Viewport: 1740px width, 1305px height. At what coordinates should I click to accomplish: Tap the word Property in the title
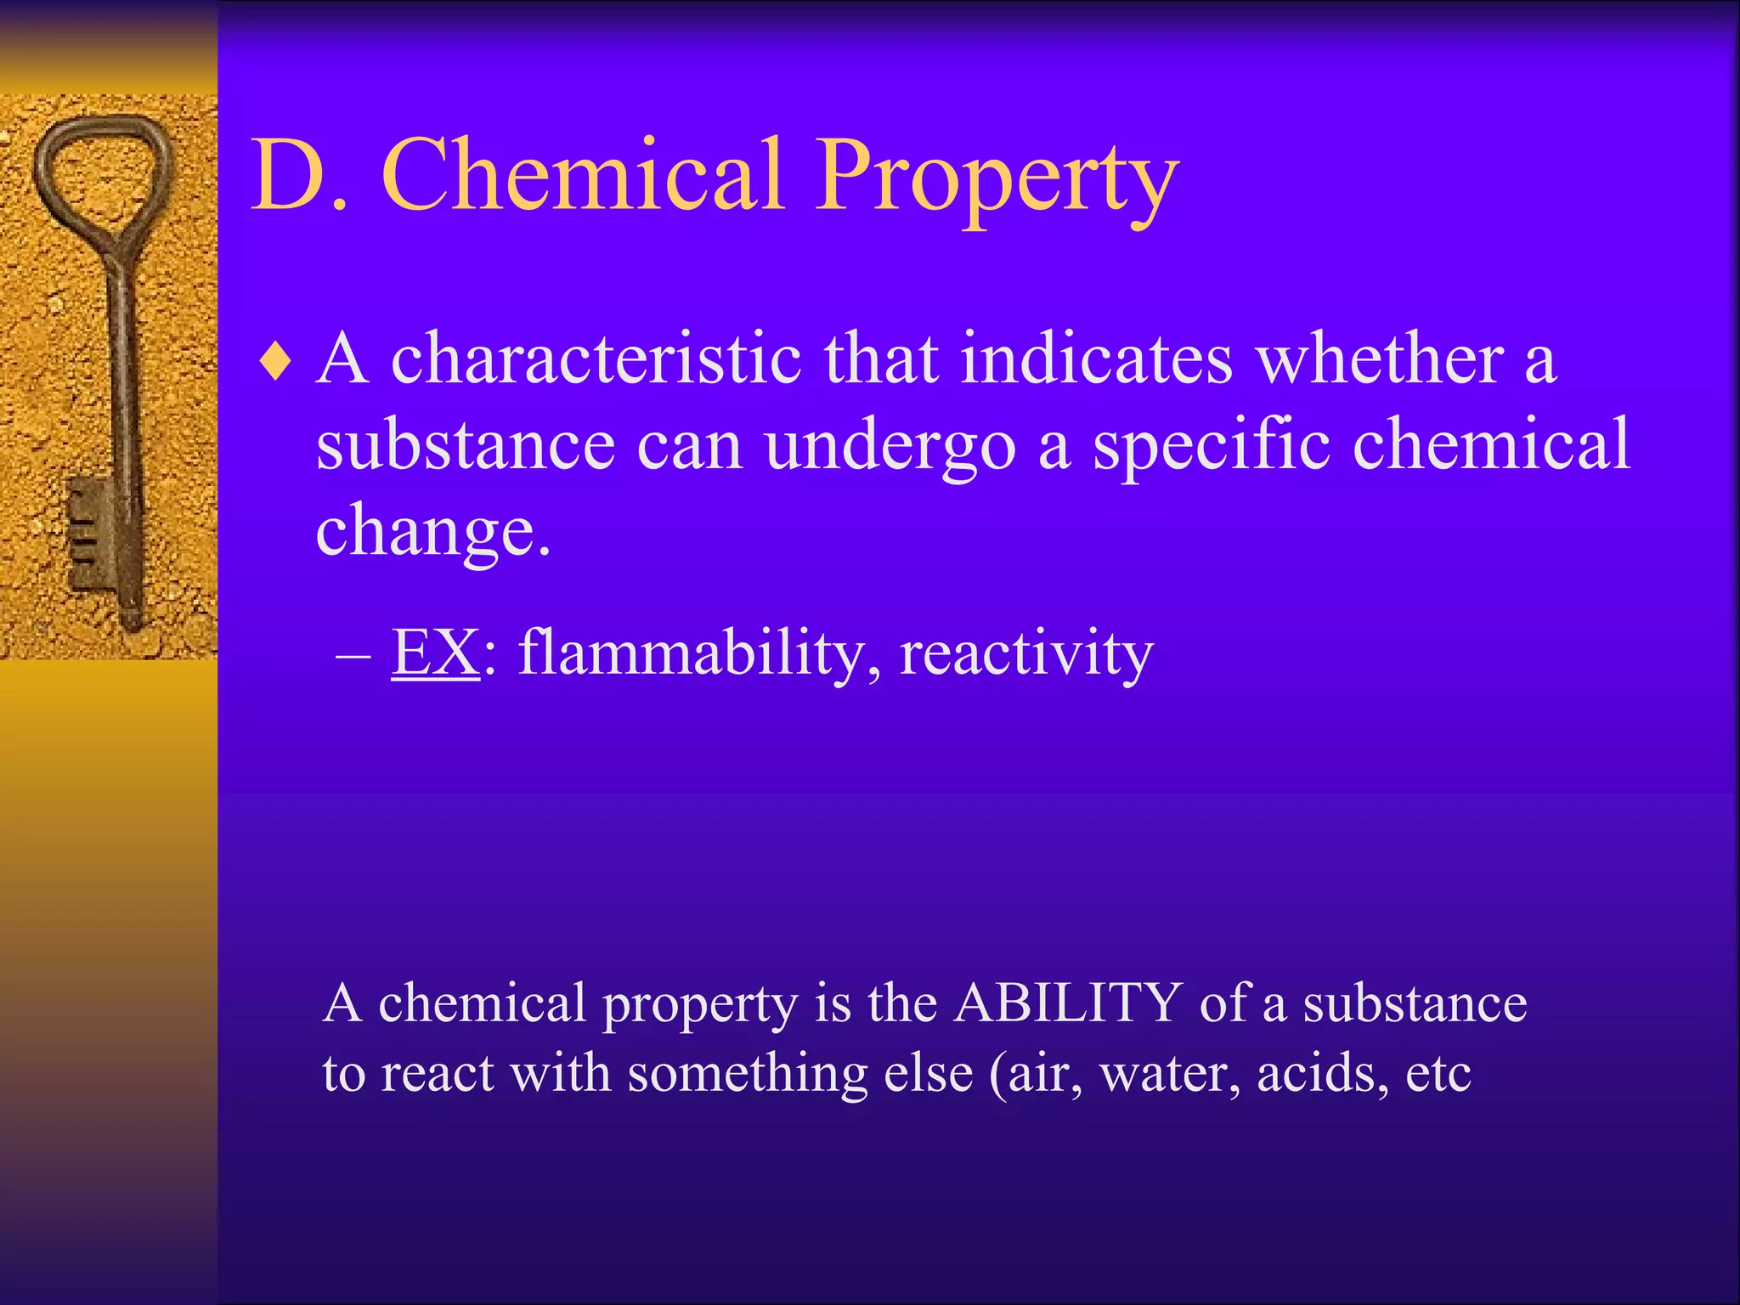click(997, 178)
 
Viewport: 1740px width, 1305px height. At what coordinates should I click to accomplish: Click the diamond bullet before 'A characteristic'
click(276, 362)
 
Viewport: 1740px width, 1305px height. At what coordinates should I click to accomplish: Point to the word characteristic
click(596, 359)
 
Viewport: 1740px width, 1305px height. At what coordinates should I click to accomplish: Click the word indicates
click(1096, 359)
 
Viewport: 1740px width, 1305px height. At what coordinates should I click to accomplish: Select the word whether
click(1380, 359)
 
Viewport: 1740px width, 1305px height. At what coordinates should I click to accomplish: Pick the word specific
click(1211, 447)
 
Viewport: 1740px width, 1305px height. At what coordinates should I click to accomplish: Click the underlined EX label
click(435, 652)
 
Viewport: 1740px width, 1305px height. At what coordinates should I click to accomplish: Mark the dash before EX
click(353, 656)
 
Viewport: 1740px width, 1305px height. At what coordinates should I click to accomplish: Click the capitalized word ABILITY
click(1068, 1003)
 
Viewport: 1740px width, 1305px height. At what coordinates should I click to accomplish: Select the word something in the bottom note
click(747, 1074)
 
